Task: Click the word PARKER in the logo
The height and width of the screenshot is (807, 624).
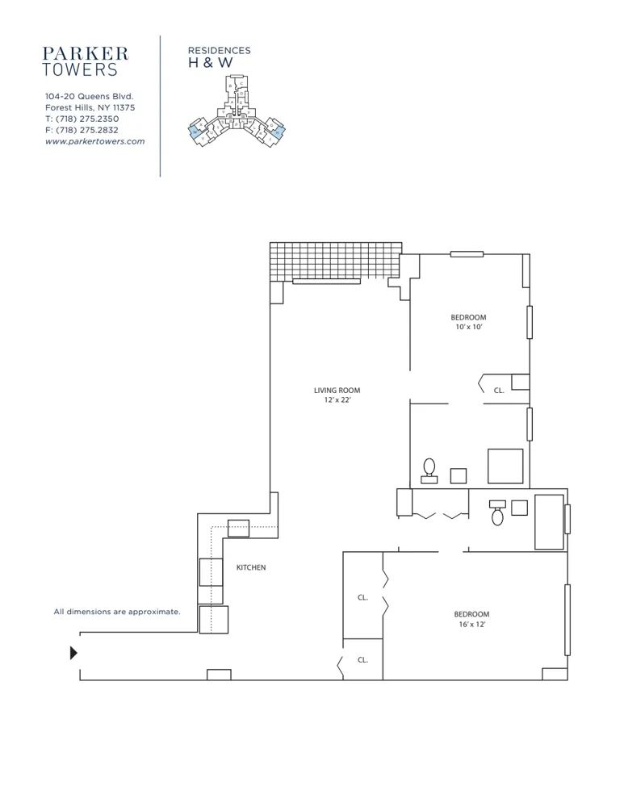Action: [86, 53]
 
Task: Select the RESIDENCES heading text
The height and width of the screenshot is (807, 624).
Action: [219, 50]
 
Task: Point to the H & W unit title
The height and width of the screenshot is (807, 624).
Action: [205, 63]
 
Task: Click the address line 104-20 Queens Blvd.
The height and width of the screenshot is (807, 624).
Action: [89, 96]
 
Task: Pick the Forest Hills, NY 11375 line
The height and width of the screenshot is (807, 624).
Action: [90, 107]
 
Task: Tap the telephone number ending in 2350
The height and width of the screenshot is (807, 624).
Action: [82, 119]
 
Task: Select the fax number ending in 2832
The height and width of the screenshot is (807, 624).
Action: [82, 130]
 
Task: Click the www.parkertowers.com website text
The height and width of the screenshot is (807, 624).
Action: [94, 141]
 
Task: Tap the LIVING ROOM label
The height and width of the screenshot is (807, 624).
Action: [337, 391]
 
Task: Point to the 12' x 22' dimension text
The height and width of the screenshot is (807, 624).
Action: [337, 400]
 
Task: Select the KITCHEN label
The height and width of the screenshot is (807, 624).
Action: [250, 568]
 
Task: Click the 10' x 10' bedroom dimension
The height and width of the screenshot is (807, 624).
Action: [468, 328]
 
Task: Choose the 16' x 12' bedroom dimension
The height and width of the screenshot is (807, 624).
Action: [471, 625]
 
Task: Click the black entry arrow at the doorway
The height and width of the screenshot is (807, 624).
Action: [74, 653]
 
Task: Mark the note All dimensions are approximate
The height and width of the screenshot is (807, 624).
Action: [117, 612]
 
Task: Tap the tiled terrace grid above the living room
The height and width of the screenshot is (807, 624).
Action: [335, 261]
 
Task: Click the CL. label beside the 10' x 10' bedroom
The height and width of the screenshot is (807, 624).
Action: [499, 391]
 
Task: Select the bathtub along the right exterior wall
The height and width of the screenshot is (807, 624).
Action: [550, 521]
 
